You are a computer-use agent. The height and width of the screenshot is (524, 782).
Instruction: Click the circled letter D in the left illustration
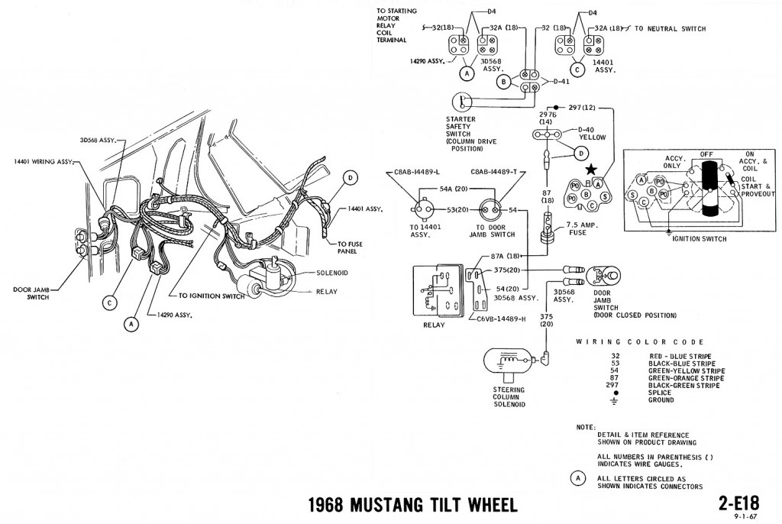coord(350,178)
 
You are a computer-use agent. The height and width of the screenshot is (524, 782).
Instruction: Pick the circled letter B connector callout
coord(502,82)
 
